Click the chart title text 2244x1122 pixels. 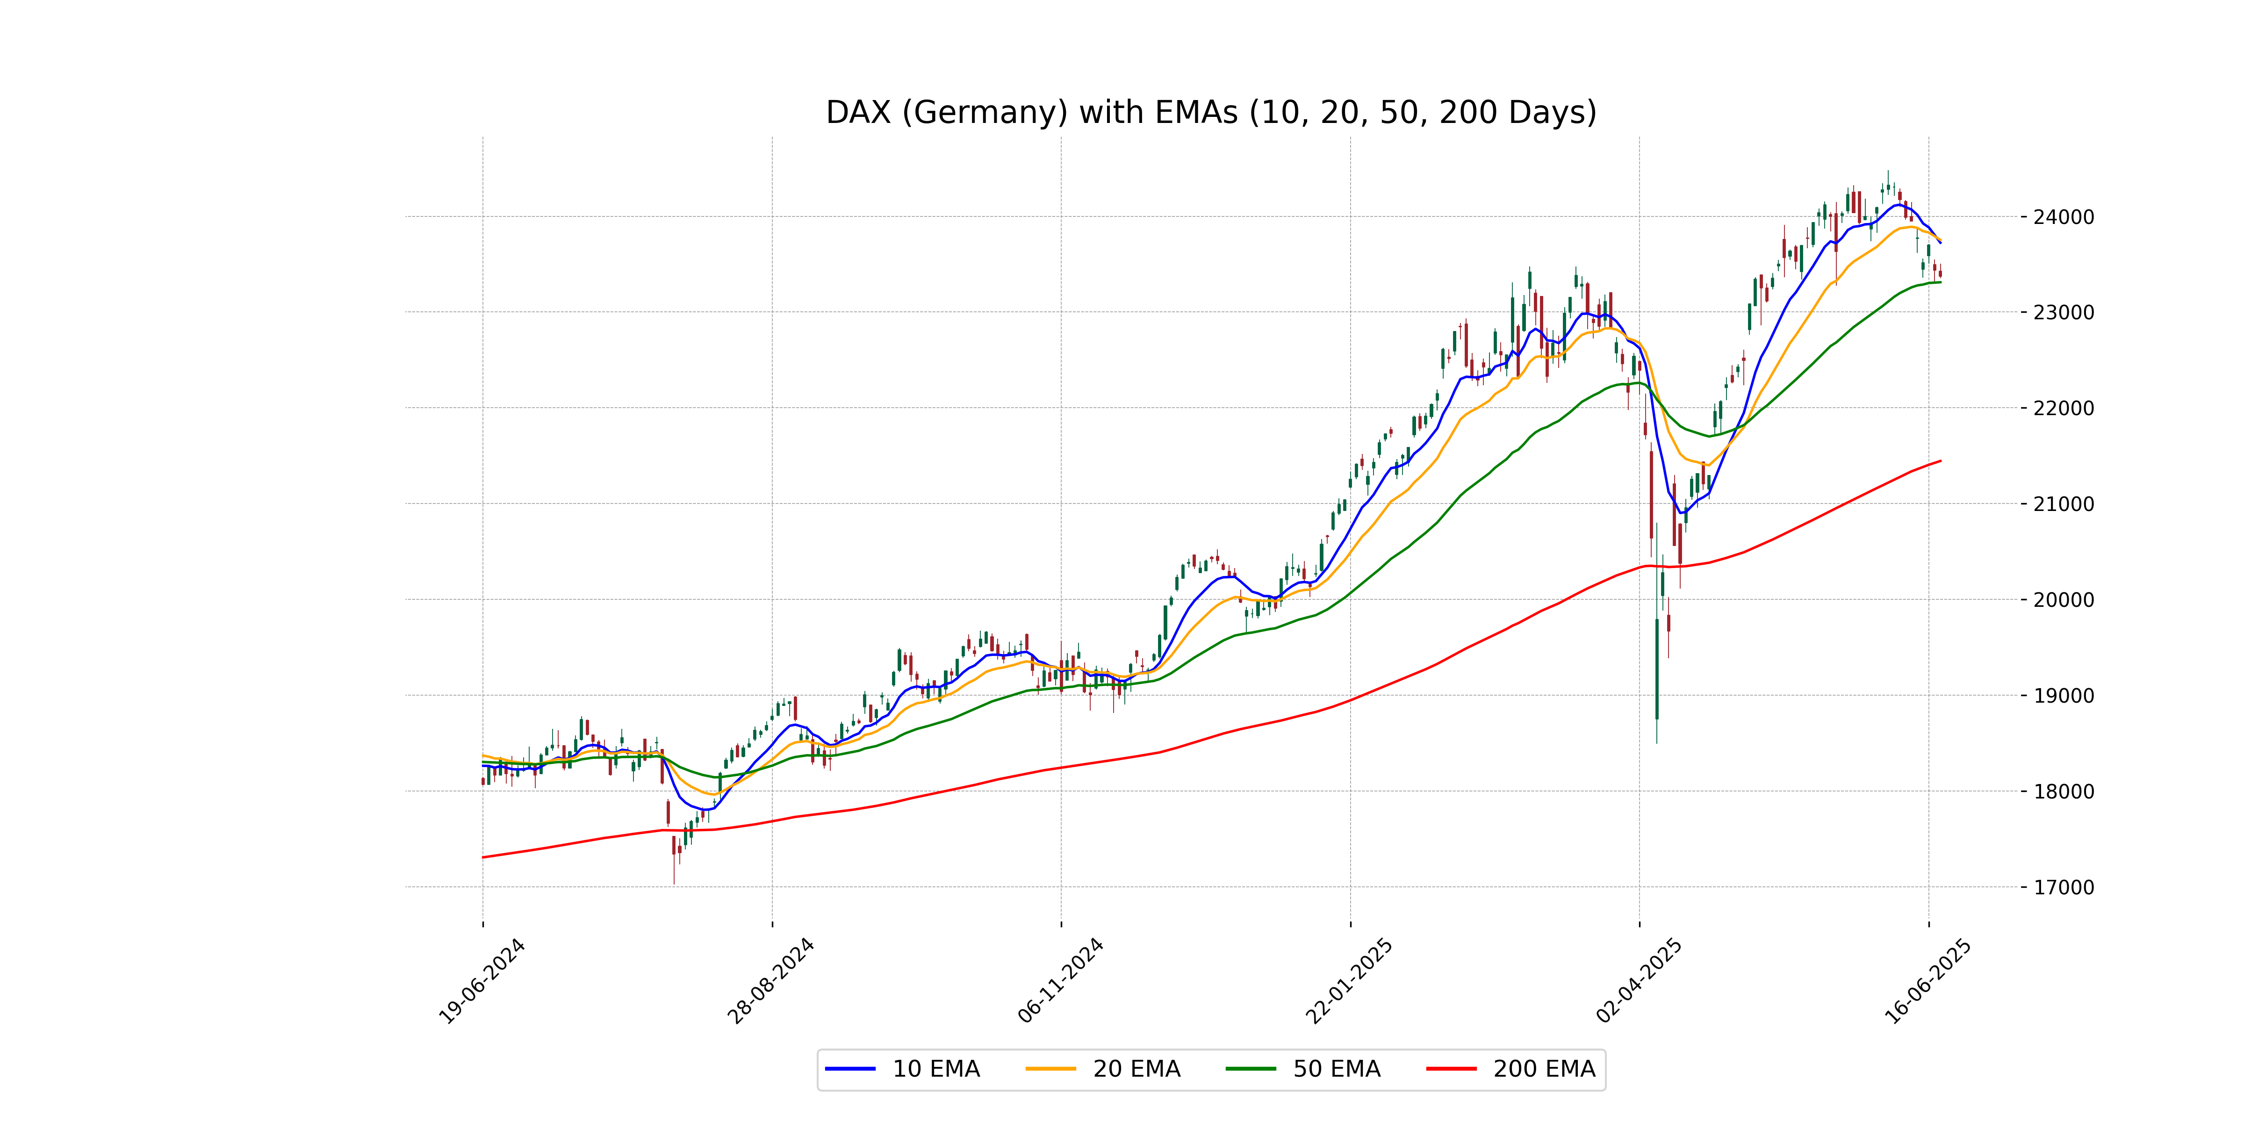pos(1211,112)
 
